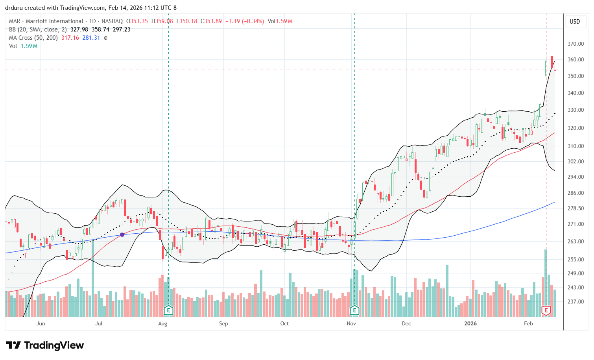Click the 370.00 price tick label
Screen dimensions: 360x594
point(575,44)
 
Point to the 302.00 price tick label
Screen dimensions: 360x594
point(575,161)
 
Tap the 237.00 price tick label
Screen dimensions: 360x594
point(575,302)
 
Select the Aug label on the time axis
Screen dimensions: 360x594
point(162,324)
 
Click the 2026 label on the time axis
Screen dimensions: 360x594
point(470,324)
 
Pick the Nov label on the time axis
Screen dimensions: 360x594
point(351,324)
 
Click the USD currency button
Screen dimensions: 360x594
point(575,22)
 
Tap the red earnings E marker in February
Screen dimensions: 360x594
point(546,310)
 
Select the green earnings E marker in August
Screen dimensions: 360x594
point(168,310)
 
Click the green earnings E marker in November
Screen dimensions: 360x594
point(354,310)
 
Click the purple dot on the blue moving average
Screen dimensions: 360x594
point(122,234)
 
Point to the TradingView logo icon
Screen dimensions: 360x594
point(13,345)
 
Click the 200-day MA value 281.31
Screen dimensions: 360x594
point(91,38)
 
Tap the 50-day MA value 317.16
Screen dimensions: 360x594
point(70,38)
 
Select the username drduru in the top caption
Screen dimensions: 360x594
point(13,8)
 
